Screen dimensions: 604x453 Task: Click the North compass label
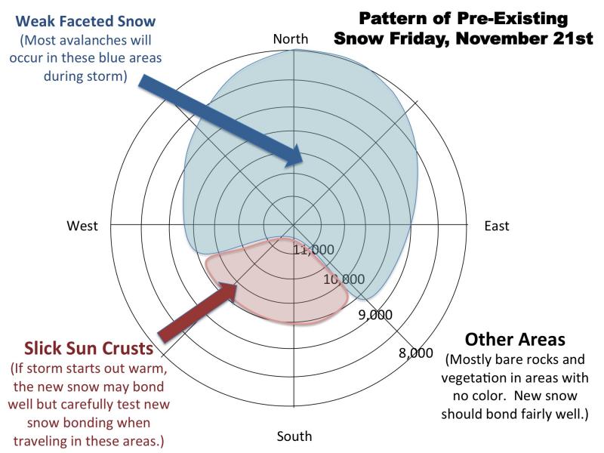pos(291,39)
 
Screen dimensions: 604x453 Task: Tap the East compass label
pos(497,226)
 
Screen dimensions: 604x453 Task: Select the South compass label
pos(294,436)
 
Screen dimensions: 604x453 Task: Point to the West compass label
pos(82,225)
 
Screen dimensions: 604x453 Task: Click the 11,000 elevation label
pos(313,250)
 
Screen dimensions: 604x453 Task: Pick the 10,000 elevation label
pos(344,279)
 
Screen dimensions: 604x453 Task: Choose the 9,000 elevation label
pos(375,315)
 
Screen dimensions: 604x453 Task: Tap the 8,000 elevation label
pos(416,353)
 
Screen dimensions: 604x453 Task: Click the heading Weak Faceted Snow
pos(85,21)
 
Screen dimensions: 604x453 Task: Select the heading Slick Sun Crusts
pos(89,348)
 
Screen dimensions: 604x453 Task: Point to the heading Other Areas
pos(515,339)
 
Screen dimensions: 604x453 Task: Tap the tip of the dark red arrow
pos(236,285)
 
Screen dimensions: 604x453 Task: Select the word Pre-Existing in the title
pos(513,18)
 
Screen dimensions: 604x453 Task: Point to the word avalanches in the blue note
pos(88,40)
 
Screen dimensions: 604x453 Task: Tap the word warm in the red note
pos(148,368)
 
